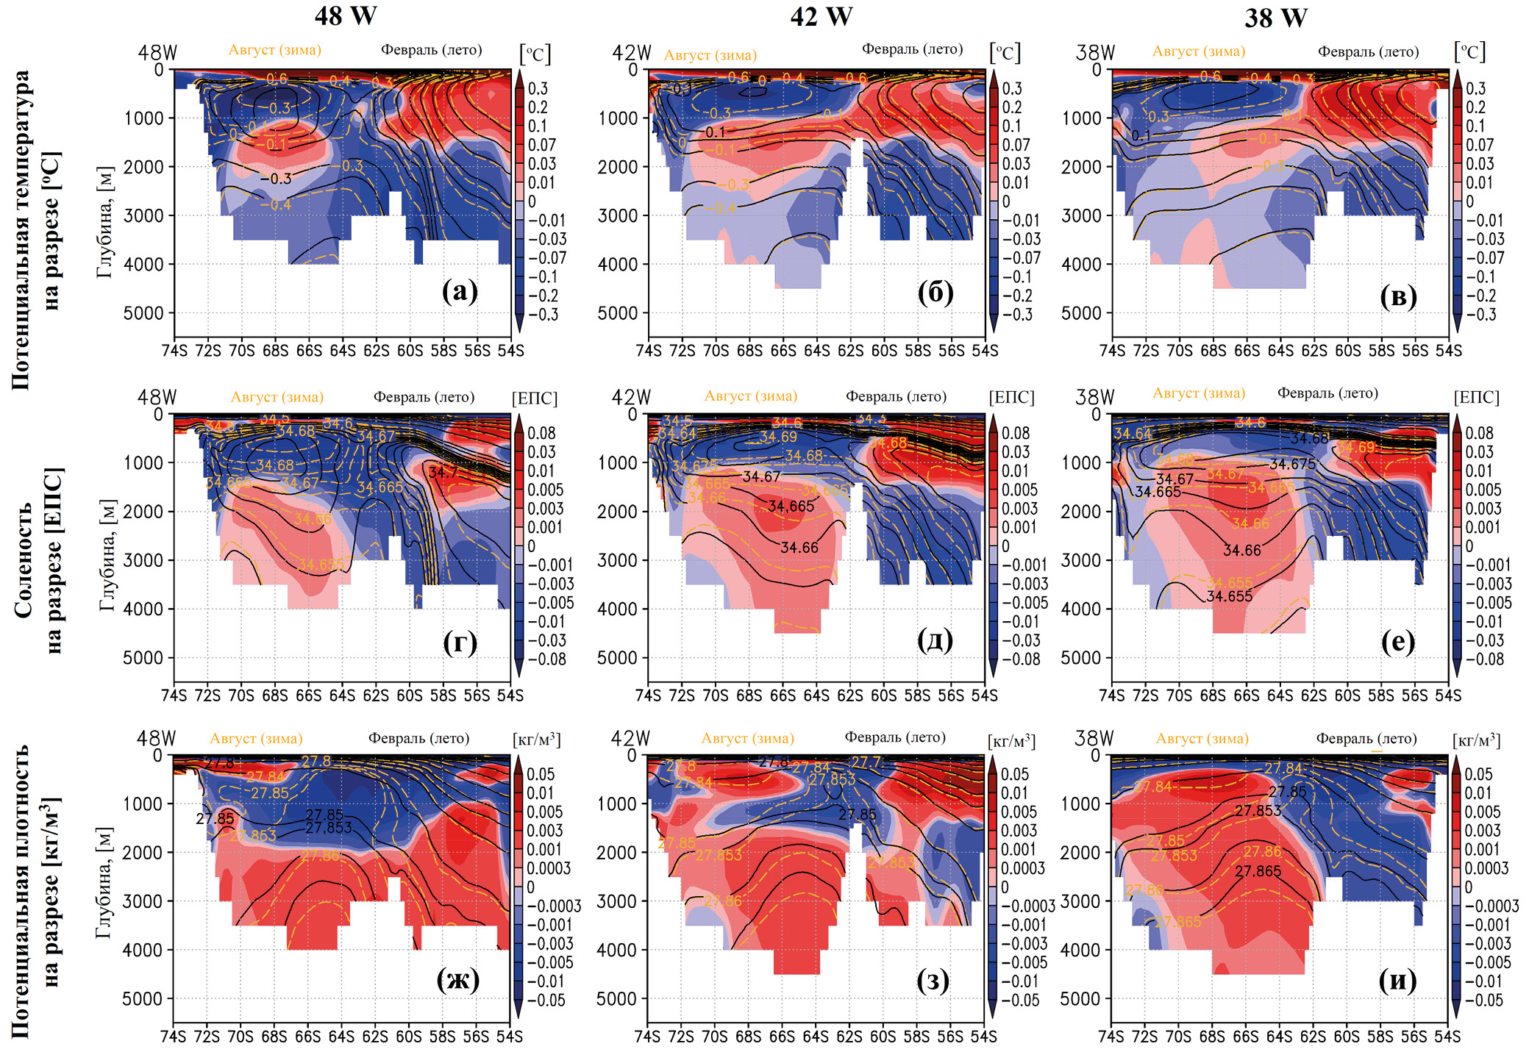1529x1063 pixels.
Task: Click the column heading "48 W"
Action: point(345,15)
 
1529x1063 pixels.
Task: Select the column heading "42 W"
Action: point(821,16)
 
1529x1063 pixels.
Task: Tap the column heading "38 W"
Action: point(1275,18)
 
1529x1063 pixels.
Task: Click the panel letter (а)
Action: point(460,292)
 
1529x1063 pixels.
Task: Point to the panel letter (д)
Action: point(935,640)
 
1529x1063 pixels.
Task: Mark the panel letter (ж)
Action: point(457,980)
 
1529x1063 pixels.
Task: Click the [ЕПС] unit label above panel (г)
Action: point(535,398)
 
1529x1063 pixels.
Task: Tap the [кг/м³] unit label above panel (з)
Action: point(1012,741)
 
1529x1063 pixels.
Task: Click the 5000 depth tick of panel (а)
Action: point(143,313)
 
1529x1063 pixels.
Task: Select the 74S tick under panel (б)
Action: point(649,351)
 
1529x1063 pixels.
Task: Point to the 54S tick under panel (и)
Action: point(1447,1037)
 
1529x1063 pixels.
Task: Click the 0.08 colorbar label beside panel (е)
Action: point(1479,433)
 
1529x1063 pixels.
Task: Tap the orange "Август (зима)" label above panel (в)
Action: point(1199,51)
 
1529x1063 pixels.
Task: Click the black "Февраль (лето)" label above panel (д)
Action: point(896,396)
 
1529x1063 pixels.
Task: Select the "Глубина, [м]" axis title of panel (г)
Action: point(107,555)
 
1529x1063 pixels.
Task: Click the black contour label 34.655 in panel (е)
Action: point(1230,596)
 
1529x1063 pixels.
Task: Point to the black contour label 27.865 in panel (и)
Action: point(1258,871)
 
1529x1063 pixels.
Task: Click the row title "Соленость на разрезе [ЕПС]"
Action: point(39,559)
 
